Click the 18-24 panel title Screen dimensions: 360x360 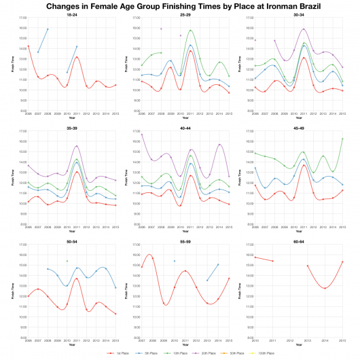click(x=72, y=14)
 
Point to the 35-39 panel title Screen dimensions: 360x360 click(x=72, y=128)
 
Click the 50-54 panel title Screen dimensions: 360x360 click(x=72, y=241)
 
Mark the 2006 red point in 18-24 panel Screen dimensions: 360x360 click(x=29, y=46)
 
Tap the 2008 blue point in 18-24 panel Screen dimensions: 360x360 click(x=48, y=29)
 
